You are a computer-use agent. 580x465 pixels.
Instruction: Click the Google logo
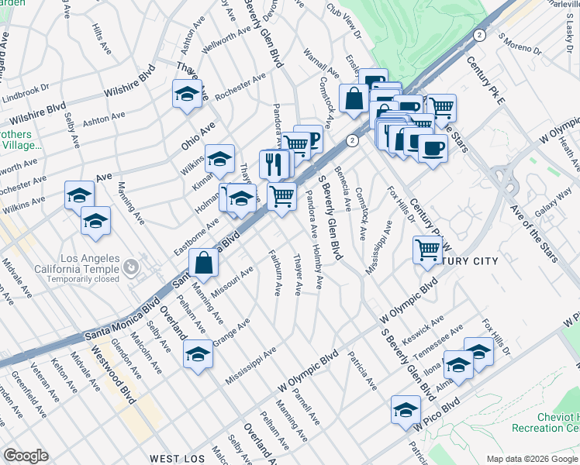tap(26, 456)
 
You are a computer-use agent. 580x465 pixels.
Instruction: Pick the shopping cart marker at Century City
tap(427, 250)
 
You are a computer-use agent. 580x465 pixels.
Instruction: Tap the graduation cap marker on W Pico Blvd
tap(406, 410)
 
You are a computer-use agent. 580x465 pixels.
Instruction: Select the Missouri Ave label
tap(236, 279)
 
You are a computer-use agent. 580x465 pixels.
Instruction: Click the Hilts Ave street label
tap(98, 36)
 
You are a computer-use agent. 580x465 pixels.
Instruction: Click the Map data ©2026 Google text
tap(532, 459)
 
